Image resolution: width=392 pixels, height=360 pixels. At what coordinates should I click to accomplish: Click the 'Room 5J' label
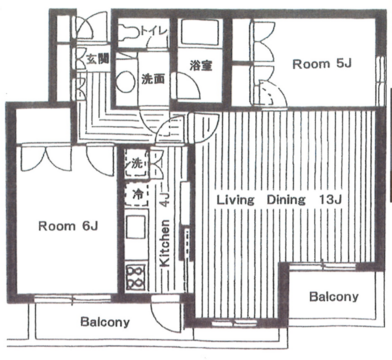pos(322,64)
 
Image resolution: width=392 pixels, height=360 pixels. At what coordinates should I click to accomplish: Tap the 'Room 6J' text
pos(68,226)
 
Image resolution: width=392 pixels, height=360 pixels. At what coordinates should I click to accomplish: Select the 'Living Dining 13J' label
pos(279,200)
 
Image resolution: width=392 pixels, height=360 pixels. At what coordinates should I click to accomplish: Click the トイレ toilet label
pos(153,31)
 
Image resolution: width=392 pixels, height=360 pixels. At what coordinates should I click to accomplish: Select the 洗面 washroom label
pos(153,79)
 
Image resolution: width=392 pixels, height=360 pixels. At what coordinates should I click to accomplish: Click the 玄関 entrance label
pos(97,59)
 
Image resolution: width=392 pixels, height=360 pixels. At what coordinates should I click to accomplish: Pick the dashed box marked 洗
pos(137,163)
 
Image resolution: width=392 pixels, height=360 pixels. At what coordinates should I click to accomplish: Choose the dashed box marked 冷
pos(137,194)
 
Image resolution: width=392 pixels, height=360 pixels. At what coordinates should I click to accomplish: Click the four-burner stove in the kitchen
pos(135,277)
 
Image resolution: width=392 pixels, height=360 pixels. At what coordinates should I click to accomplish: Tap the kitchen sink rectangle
pos(136,227)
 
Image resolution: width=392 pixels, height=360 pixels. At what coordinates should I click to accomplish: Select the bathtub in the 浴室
pos(200,32)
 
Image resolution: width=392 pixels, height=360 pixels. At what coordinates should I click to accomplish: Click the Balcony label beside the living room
pos(334,296)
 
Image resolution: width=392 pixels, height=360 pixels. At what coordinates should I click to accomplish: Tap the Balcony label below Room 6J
pos(105,322)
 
